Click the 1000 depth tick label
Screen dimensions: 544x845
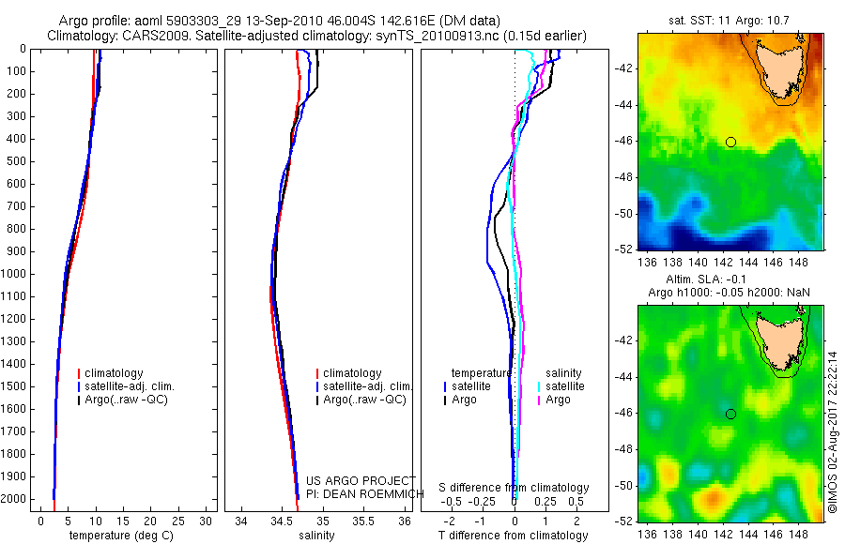pos(15,274)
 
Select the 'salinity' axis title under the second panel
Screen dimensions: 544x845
pos(316,536)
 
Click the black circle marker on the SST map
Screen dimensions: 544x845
pos(730,142)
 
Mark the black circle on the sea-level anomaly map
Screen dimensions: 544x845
pos(730,414)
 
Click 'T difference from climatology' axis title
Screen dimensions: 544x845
pos(515,536)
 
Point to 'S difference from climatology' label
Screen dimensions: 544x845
pos(515,488)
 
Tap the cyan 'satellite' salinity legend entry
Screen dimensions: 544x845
pos(564,385)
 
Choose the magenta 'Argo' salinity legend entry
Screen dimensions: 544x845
pos(559,400)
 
